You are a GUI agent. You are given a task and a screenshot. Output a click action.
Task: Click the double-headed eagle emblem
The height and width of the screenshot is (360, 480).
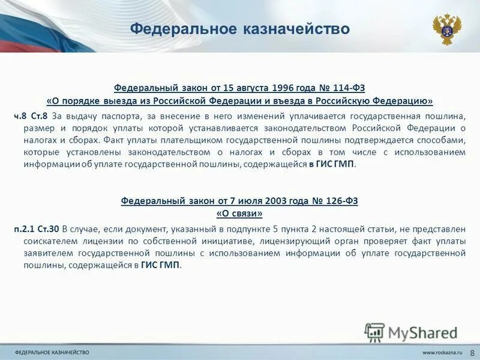pyautogui.click(x=447, y=29)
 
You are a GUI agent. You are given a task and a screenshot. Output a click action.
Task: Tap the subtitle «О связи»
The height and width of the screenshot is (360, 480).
pyautogui.click(x=239, y=214)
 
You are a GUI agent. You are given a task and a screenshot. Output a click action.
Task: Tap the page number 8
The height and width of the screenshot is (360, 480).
pyautogui.click(x=472, y=352)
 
